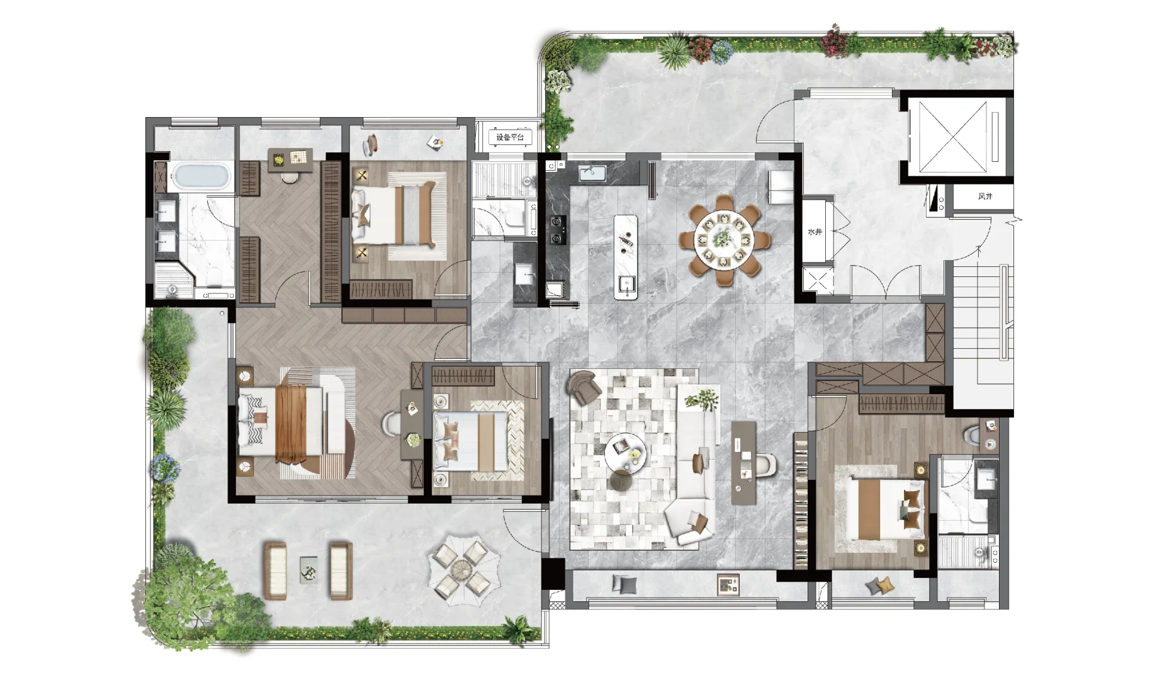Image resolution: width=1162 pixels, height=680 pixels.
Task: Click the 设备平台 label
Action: (x=510, y=137)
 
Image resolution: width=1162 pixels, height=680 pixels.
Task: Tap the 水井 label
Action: (x=815, y=232)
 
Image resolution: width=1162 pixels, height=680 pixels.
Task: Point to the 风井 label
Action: (x=985, y=196)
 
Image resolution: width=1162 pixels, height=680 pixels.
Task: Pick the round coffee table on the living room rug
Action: (x=625, y=451)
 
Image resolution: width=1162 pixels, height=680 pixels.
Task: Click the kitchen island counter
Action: (x=626, y=257)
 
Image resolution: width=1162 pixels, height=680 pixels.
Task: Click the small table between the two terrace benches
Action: (x=308, y=570)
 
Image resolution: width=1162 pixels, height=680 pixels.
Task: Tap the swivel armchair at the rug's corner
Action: (x=585, y=386)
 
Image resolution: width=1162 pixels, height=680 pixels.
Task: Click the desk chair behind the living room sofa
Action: (x=764, y=465)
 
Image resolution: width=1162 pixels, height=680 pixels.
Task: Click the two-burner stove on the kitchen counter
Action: (x=558, y=230)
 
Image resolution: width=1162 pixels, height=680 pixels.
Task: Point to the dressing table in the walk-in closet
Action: (x=290, y=159)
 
